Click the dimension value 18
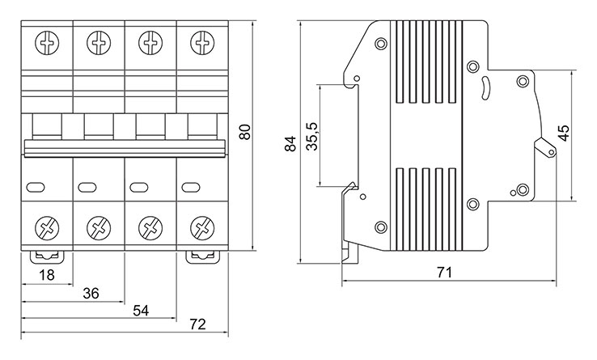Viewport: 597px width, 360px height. click(x=47, y=275)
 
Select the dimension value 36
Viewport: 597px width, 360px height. click(x=91, y=294)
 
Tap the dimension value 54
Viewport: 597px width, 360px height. click(x=141, y=311)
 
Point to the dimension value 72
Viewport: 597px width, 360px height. click(x=198, y=324)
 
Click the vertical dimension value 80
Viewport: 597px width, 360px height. click(x=246, y=132)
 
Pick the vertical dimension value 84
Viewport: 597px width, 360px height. click(x=290, y=143)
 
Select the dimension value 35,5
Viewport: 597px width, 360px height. click(x=312, y=137)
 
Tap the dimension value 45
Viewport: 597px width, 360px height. click(x=564, y=133)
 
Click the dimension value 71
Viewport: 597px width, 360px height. click(x=444, y=273)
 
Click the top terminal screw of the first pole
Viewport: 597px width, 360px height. click(x=47, y=43)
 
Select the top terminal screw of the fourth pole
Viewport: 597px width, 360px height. click(x=202, y=43)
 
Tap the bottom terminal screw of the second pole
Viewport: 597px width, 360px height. click(x=99, y=228)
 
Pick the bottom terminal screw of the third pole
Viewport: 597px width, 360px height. click(x=150, y=228)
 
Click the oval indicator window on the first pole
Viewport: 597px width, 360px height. click(x=36, y=187)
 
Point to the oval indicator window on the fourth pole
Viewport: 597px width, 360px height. click(x=191, y=187)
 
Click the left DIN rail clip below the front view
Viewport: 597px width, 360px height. click(x=47, y=256)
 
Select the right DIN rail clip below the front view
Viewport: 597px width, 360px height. click(x=203, y=256)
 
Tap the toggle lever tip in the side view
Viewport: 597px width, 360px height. click(x=551, y=152)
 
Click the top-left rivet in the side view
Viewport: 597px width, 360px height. click(x=381, y=44)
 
